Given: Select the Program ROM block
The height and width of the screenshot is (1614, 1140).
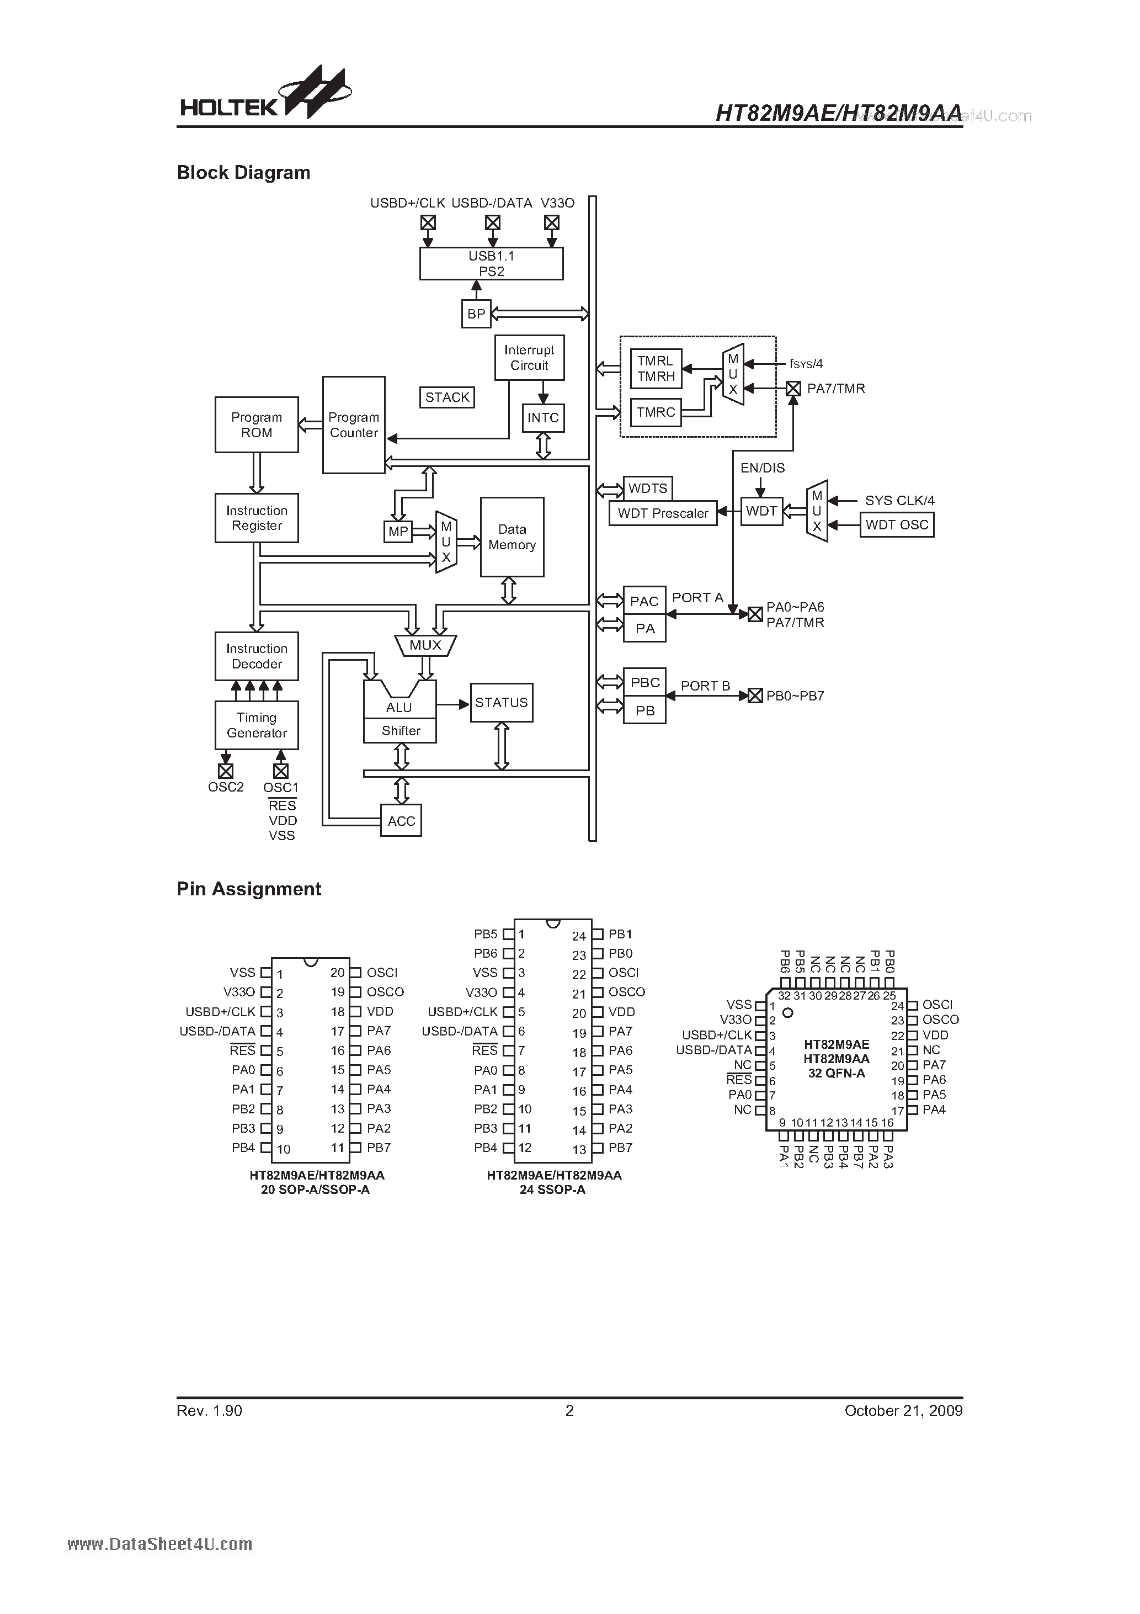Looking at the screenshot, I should click(x=257, y=424).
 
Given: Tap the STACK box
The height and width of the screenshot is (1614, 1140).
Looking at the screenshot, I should click(x=447, y=397).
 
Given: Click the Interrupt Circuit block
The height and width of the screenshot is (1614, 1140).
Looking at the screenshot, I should click(x=529, y=358).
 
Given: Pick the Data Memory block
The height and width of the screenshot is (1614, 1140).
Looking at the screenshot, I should click(x=512, y=537).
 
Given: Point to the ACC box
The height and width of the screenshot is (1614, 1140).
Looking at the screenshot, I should click(x=401, y=820).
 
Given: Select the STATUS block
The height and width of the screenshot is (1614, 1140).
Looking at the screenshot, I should click(x=501, y=702).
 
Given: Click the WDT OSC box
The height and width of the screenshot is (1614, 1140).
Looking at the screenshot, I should click(x=897, y=524).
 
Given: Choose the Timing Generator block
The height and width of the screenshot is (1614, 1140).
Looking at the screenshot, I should click(x=257, y=725).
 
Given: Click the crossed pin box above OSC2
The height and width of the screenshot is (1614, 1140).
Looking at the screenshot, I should click(x=226, y=771).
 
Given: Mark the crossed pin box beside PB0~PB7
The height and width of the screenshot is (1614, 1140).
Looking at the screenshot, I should click(x=755, y=696).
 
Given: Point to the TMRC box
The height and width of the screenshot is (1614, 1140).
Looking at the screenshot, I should click(x=656, y=413).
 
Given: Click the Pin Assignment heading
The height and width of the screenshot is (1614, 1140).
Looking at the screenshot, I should click(x=249, y=889).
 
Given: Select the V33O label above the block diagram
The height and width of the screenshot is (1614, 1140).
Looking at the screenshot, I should click(x=557, y=203).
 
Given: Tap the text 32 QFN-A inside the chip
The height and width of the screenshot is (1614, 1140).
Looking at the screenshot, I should click(x=837, y=1074).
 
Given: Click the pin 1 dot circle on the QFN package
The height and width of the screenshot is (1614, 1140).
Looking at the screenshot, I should click(x=788, y=1013).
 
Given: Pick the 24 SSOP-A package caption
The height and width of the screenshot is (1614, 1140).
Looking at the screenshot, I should click(x=553, y=1190).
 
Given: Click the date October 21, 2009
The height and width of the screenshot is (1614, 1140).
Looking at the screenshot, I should click(x=903, y=1410).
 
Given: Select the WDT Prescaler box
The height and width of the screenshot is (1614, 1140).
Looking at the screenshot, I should click(x=663, y=513).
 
